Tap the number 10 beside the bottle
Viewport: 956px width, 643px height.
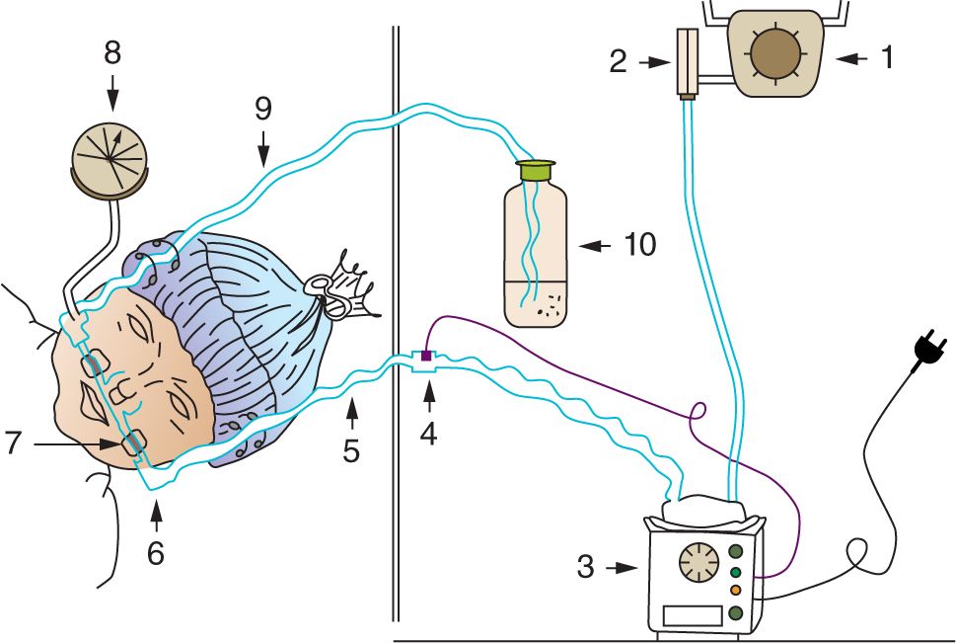tap(639, 244)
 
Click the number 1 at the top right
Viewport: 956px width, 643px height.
tap(886, 58)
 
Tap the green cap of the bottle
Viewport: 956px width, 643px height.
tap(536, 171)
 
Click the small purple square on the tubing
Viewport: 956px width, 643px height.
tap(426, 355)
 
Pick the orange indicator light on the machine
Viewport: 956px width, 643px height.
tap(735, 591)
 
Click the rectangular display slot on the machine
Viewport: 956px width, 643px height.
tap(694, 615)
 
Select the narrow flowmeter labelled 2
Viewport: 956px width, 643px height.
tap(687, 63)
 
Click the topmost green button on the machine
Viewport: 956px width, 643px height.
tap(736, 551)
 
